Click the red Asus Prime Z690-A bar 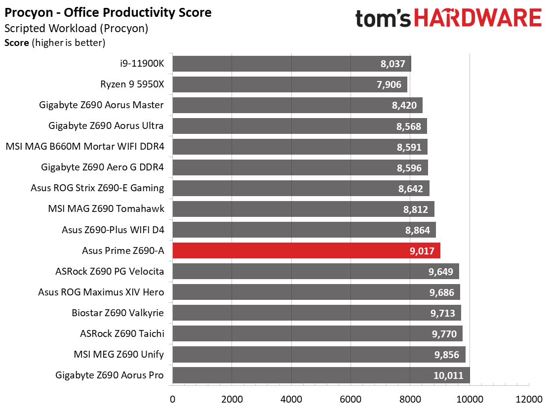[307, 250]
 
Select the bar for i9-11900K [292, 64]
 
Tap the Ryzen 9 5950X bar [290, 84]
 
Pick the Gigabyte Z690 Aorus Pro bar [321, 375]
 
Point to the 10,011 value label [448, 375]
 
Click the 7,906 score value [389, 85]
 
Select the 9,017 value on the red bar [422, 251]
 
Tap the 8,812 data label [416, 209]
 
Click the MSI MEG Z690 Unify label [118, 355]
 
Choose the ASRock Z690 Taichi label [122, 333]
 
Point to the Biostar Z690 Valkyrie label [118, 313]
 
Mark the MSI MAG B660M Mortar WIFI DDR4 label [85, 146]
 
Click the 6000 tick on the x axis [351, 399]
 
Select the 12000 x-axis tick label [529, 399]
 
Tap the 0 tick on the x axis [173, 399]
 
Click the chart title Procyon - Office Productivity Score [108, 13]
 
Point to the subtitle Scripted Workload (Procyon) [77, 28]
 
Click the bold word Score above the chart [17, 43]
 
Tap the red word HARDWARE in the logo [478, 18]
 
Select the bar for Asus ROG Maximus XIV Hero [316, 292]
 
